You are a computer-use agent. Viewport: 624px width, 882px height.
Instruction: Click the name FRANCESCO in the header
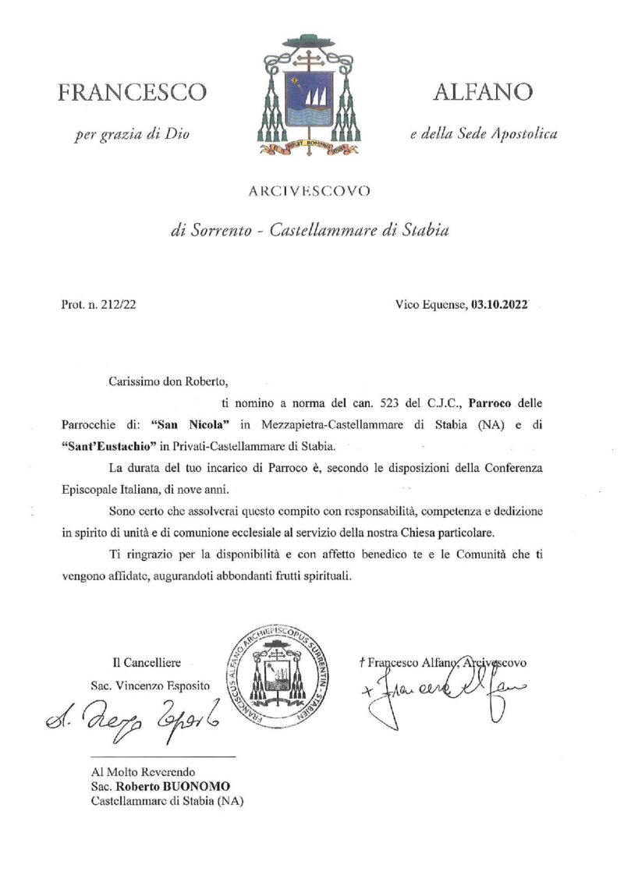133,93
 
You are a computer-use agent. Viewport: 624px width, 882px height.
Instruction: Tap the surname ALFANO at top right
484,93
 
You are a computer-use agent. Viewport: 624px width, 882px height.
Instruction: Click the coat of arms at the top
306,95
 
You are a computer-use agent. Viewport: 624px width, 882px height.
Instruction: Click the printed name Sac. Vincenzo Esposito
151,685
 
